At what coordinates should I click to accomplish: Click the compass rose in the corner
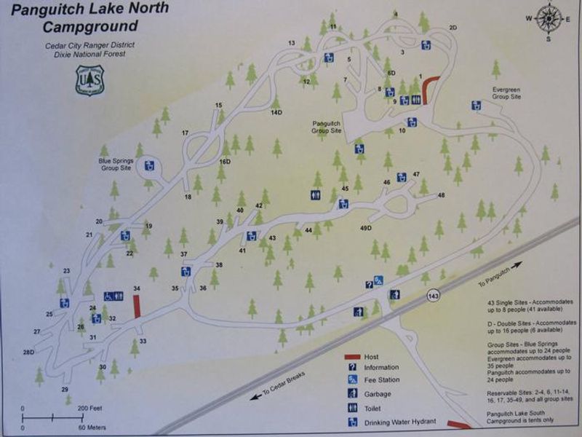click(549, 19)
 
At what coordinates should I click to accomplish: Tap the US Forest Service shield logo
click(90, 79)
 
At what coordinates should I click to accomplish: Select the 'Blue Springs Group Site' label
click(115, 163)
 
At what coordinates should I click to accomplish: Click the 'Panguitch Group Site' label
click(327, 127)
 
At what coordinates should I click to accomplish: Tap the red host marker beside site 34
click(136, 306)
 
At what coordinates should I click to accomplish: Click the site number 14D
click(276, 112)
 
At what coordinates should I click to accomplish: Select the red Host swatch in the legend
click(352, 357)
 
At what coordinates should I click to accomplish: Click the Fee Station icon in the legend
click(352, 379)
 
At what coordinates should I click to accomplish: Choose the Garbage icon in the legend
click(352, 393)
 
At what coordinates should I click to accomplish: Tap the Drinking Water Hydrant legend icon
click(352, 422)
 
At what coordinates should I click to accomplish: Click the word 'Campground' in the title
click(91, 28)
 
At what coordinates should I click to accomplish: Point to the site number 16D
click(225, 162)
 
